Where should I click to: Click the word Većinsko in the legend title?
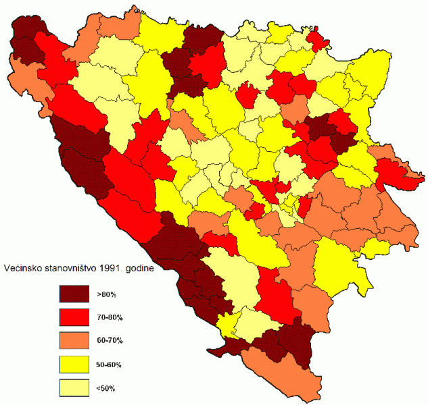tap(25, 269)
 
